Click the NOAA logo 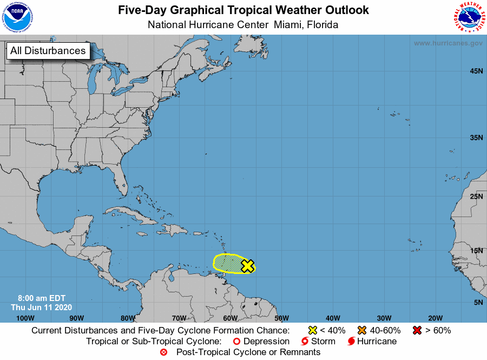point(17,17)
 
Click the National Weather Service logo point(468,17)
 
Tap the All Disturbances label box point(48,51)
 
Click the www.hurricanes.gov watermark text point(448,43)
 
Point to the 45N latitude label point(476,71)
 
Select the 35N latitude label point(476,138)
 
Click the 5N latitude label point(478,302)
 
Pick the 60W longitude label point(230,318)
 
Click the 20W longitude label point(435,318)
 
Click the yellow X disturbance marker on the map point(248,266)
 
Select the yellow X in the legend point(312,330)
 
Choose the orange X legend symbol point(361,330)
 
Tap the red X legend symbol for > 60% point(418,330)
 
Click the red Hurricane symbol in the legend point(352,342)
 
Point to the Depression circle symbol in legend point(236,342)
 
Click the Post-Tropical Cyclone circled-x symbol point(164,352)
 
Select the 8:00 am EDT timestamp point(41,298)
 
